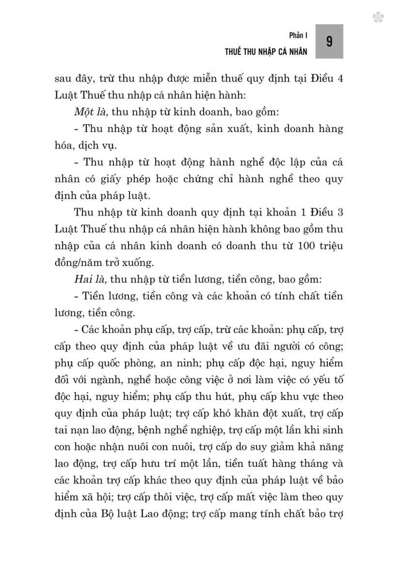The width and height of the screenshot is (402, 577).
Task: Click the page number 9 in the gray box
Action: click(329, 41)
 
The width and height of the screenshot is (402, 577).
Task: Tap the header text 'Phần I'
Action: click(298, 35)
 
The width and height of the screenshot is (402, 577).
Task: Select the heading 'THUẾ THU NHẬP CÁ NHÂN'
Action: click(266, 52)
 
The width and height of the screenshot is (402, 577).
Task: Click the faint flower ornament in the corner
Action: click(378, 18)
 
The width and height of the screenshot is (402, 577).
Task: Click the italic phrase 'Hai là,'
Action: click(90, 279)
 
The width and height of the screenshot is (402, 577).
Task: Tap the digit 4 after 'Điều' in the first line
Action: click(340, 78)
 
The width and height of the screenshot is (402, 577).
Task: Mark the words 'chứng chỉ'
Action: click(209, 179)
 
